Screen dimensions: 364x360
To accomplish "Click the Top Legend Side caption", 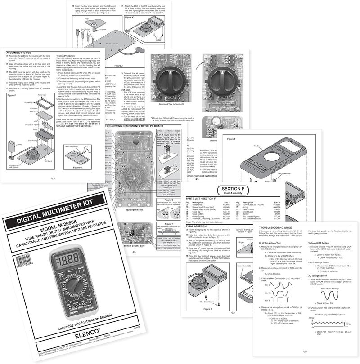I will coord(134,210).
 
